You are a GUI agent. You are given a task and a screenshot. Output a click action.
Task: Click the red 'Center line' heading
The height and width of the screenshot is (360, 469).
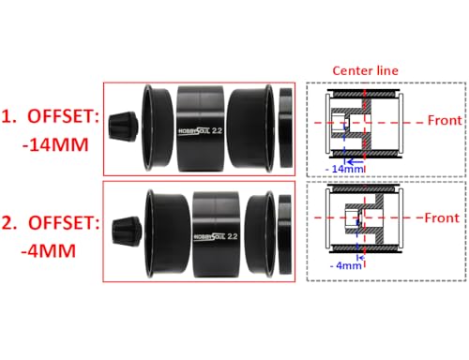pos(365,70)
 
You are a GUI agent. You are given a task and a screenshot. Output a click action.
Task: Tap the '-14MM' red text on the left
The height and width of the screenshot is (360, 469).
pos(55,145)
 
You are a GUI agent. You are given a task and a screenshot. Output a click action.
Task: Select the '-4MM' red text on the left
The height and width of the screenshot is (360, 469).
pos(49,250)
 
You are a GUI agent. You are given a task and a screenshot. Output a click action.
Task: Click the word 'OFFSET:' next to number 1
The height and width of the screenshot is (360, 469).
pos(64,116)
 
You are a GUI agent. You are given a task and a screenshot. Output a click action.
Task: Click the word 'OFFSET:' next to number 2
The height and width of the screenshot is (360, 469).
pos(64,222)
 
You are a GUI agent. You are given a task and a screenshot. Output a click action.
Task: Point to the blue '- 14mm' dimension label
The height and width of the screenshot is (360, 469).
pos(344,169)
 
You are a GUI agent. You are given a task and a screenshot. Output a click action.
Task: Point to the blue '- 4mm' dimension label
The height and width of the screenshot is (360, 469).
pos(346,265)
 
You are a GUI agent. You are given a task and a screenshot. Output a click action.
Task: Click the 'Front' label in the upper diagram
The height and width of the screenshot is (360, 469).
pos(445,120)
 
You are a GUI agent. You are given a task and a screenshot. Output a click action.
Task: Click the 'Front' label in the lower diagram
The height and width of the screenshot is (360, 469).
pos(442,217)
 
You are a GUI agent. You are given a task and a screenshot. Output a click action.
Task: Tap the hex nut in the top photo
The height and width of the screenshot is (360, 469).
pos(123,127)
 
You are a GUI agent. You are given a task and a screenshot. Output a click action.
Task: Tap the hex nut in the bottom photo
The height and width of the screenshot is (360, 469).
pos(127,232)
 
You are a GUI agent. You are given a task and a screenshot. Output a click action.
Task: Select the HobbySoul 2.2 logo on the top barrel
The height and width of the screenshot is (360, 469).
pos(200,130)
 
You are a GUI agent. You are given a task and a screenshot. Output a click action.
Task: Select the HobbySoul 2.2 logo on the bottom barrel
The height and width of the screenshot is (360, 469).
pos(216,236)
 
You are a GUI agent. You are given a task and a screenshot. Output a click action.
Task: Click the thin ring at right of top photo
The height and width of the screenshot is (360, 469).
pos(286,127)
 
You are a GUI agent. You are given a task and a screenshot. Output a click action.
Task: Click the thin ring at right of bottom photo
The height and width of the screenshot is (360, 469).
pos(285,234)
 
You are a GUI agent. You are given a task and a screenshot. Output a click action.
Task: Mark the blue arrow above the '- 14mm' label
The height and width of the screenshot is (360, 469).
pos(356,162)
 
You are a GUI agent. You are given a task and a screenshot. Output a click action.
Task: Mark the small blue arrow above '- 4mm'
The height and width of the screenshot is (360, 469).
pos(362,258)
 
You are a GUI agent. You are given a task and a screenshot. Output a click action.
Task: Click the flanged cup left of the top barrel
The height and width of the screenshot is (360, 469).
pos(157,127)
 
